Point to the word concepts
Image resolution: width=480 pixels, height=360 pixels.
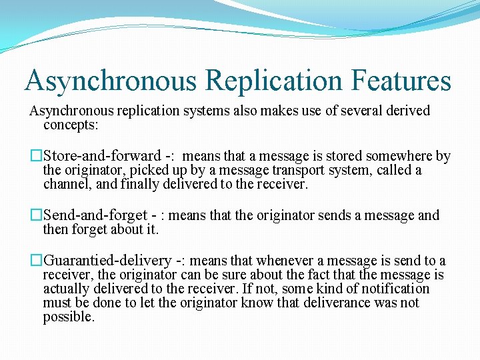tap(69, 125)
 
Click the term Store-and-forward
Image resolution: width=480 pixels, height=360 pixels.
tap(101, 156)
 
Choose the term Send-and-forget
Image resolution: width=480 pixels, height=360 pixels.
tap(95, 215)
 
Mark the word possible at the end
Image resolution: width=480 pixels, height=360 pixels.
tap(68, 317)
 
